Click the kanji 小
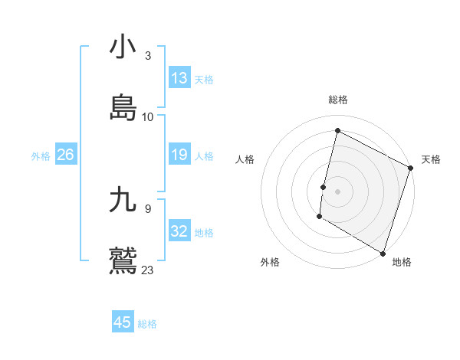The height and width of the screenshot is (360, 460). (x=123, y=47)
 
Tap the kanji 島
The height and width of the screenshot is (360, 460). (x=123, y=107)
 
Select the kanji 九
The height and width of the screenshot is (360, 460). (x=123, y=200)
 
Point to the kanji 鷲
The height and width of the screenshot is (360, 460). (x=123, y=260)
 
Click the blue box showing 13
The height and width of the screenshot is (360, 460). (x=179, y=78)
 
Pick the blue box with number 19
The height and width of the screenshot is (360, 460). (x=179, y=155)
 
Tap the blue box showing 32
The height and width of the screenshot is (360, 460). (x=179, y=231)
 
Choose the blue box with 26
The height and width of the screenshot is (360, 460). (x=65, y=155)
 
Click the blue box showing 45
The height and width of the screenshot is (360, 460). (x=123, y=322)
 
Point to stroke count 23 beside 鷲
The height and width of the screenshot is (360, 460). (x=147, y=270)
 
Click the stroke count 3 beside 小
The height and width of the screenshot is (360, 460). (x=147, y=56)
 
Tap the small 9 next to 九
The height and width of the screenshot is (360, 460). (x=147, y=208)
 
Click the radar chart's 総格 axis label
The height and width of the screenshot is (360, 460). (x=338, y=100)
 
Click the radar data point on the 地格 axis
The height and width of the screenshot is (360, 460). (x=383, y=253)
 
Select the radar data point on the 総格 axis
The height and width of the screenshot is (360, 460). (x=337, y=130)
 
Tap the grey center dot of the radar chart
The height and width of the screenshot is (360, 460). (x=338, y=191)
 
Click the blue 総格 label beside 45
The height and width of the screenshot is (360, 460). (x=147, y=324)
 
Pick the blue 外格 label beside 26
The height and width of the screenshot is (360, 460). (x=41, y=156)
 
